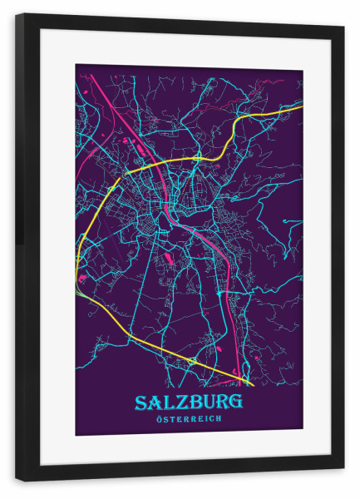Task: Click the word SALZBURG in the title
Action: click(189, 403)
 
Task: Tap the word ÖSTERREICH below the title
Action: click(189, 419)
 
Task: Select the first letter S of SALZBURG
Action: click(142, 403)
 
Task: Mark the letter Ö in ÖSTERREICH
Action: click(159, 419)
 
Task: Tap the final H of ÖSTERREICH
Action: click(219, 419)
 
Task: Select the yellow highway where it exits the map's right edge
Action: click(300, 106)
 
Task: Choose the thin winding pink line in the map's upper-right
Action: click(270, 82)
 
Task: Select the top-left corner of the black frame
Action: click(17, 15)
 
